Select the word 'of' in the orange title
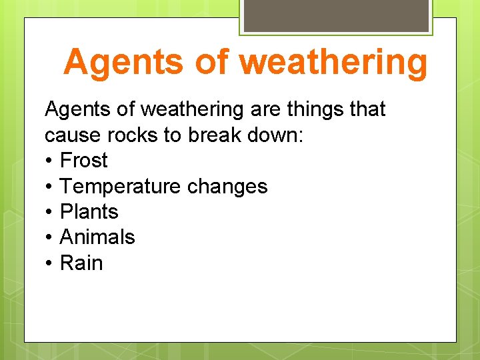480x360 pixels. point(211,62)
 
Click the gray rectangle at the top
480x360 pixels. point(335,15)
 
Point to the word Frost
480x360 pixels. point(83,161)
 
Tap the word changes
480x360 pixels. point(227,186)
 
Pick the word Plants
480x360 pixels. point(89,212)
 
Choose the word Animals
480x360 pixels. point(97,237)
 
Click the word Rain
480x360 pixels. point(81,263)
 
